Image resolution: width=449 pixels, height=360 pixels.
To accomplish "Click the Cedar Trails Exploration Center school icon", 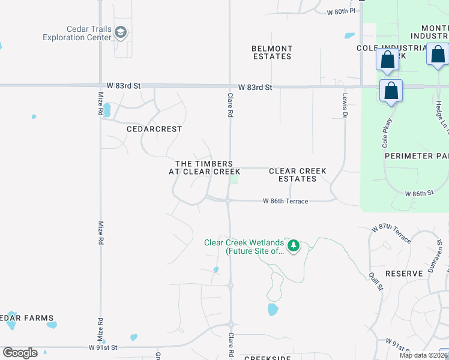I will [x=121, y=32].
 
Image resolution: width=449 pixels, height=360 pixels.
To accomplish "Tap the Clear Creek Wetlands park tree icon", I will [x=294, y=245].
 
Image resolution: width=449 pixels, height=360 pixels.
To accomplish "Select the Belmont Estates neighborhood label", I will [x=272, y=52].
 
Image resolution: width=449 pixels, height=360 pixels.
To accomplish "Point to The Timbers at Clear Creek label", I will [x=204, y=167].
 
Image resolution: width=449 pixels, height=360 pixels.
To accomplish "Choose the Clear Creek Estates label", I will [x=298, y=175].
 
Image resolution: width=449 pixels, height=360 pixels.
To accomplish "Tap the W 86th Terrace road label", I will [x=285, y=201].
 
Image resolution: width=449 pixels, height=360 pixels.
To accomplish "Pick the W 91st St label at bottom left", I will [x=103, y=347].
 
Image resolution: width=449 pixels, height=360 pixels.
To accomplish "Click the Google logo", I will [x=20, y=353].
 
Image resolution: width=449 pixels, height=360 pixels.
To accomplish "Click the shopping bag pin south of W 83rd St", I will [x=391, y=91].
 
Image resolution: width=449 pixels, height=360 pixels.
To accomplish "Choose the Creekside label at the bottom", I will [x=267, y=358].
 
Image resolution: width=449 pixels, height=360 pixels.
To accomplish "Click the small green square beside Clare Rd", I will [x=235, y=179].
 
